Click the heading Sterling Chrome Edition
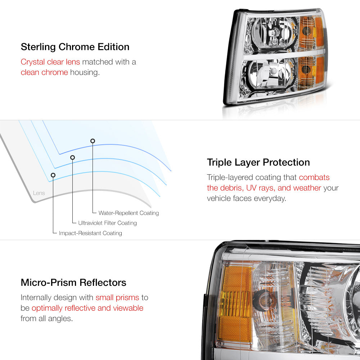75,47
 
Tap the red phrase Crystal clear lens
50,62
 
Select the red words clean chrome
44,72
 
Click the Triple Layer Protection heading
258,162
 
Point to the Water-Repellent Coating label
129,213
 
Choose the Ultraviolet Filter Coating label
107,223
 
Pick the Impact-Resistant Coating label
90,233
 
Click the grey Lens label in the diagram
39,193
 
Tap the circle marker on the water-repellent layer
93,141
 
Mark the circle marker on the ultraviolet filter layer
73,157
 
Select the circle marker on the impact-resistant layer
53,175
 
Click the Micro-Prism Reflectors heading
73,282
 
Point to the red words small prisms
117,298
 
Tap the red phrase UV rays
261,188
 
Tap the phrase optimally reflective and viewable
87,308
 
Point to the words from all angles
46,319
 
